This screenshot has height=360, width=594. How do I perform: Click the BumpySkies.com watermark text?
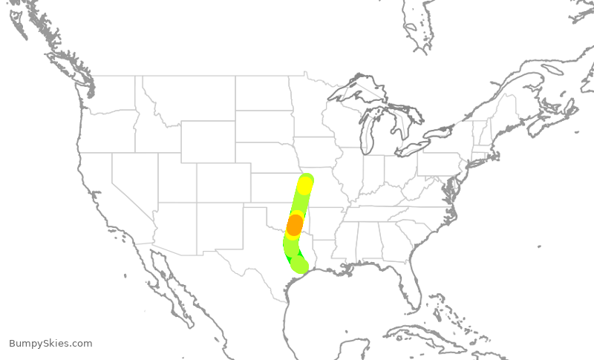pos(50,344)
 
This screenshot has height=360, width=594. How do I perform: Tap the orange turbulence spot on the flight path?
pos(295,224)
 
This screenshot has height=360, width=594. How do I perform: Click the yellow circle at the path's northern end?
pos(305,184)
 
